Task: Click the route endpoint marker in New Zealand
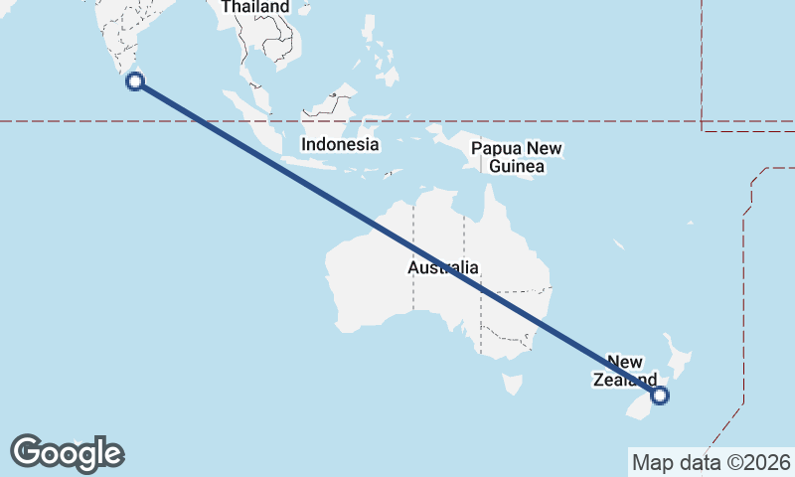tap(660, 396)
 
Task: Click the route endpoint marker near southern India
tap(136, 80)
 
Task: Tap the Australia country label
tap(443, 267)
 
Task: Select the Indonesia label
tap(341, 144)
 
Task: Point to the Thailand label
tap(255, 7)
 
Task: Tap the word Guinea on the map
tap(517, 167)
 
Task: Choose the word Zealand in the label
tap(625, 380)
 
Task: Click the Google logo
tap(67, 453)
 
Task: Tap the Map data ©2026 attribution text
tap(712, 462)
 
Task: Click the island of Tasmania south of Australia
tap(513, 384)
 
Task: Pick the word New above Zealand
tap(625, 362)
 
